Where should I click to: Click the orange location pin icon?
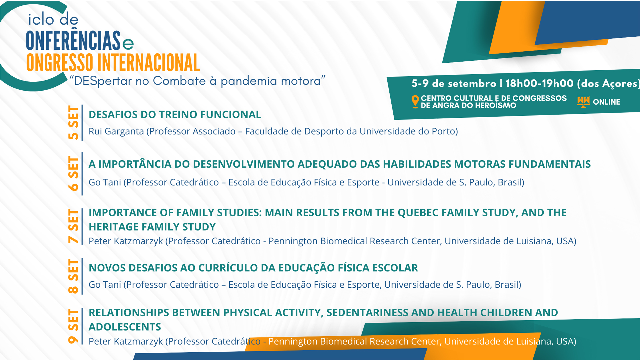(x=415, y=102)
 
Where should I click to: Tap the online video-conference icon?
(x=583, y=102)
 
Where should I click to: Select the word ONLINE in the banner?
(x=606, y=102)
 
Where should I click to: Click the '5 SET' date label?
(x=73, y=123)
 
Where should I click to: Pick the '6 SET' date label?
(x=73, y=173)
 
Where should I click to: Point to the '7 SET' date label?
(x=73, y=226)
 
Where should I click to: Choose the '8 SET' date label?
(x=73, y=276)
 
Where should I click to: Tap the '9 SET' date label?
(x=73, y=326)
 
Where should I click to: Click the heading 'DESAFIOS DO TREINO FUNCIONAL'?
(x=175, y=115)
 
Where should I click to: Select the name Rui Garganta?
(x=116, y=132)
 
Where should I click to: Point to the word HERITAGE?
(x=114, y=227)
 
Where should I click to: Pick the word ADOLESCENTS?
(x=125, y=327)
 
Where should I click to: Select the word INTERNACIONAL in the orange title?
(x=148, y=63)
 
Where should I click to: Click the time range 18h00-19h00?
(x=540, y=83)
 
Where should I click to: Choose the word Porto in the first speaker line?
(x=445, y=132)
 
